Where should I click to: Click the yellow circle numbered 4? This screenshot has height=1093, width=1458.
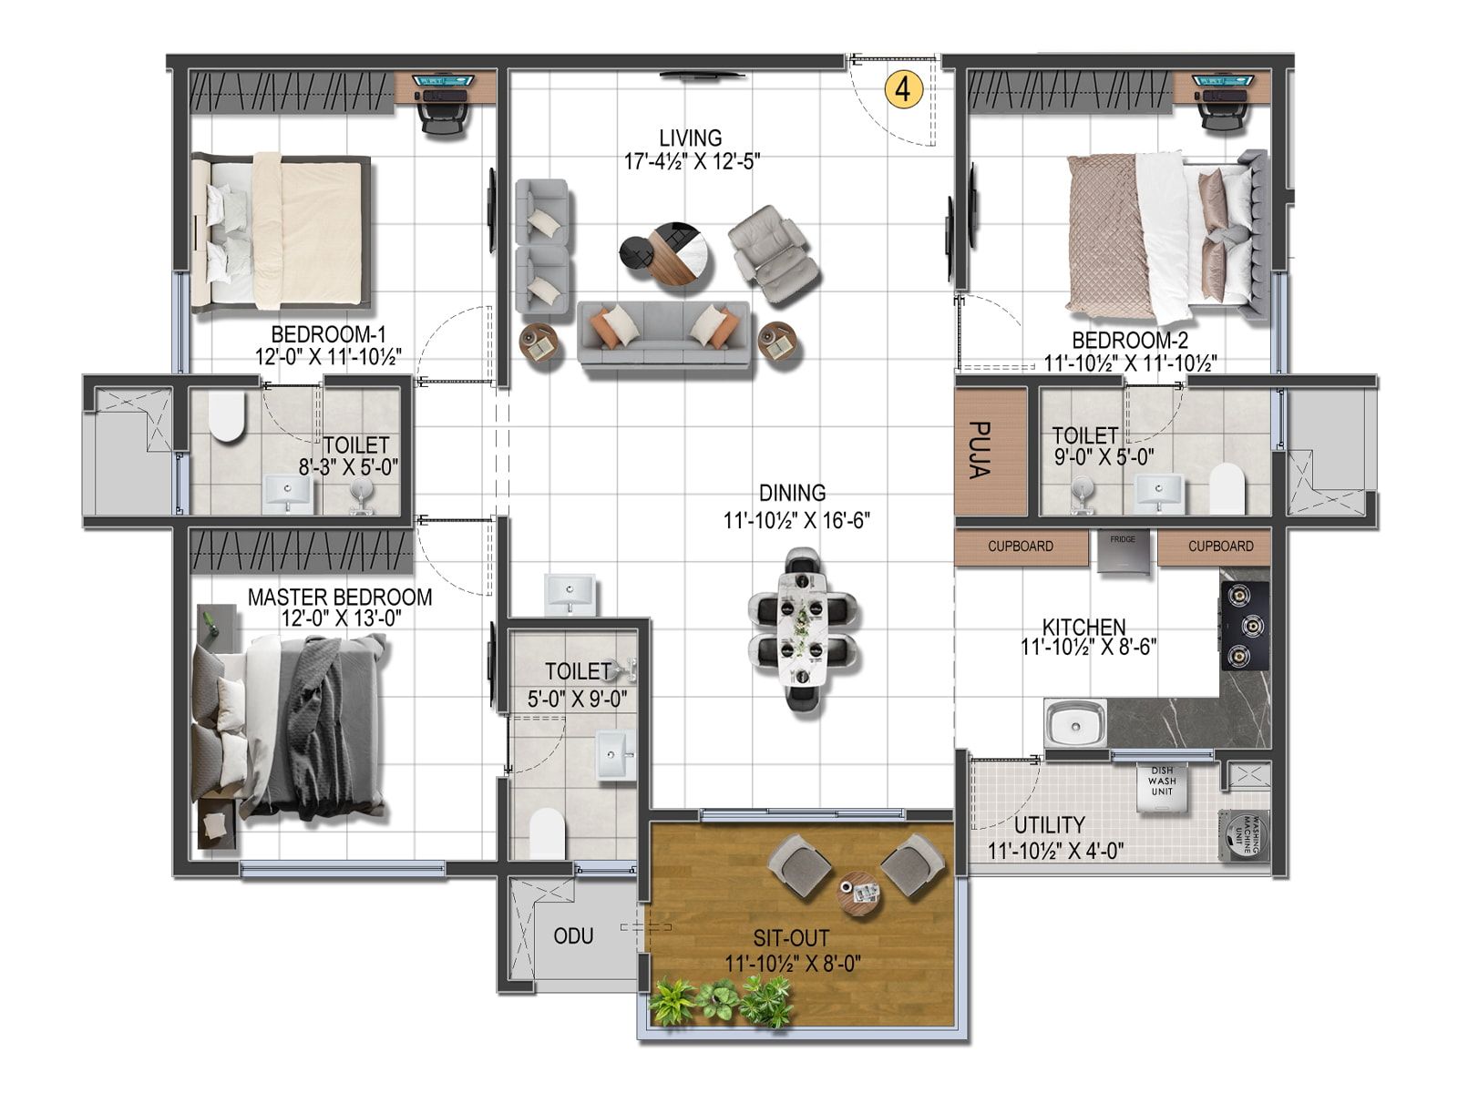pyautogui.click(x=903, y=89)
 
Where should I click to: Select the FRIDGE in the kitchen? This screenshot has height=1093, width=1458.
pyautogui.click(x=1123, y=552)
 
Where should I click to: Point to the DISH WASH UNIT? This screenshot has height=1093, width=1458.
pyautogui.click(x=1161, y=787)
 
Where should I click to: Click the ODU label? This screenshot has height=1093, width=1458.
pyautogui.click(x=573, y=935)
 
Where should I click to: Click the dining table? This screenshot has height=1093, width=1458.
pyautogui.click(x=803, y=628)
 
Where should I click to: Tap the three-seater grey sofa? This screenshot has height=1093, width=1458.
pyautogui.click(x=663, y=333)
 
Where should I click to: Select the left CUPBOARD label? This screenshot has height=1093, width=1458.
pyautogui.click(x=1021, y=546)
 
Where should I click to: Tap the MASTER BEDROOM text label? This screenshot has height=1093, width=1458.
pyautogui.click(x=340, y=598)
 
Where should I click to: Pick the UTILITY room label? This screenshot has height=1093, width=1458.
pyautogui.click(x=1049, y=825)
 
